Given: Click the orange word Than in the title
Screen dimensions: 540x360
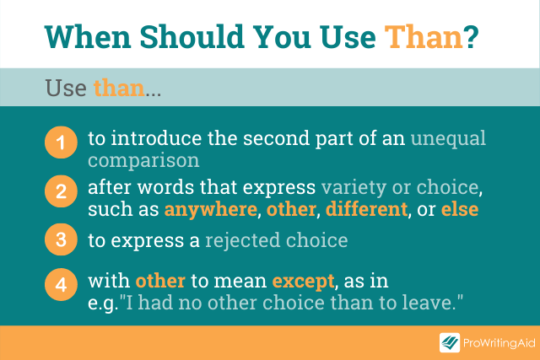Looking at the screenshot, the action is click(x=424, y=37).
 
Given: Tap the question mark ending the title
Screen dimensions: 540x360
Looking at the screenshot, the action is click(x=471, y=37).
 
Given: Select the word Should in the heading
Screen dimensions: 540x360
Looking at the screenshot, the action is click(x=192, y=37).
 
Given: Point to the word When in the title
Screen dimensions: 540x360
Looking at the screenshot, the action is click(x=88, y=37).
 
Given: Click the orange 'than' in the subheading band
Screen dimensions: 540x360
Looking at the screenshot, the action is click(x=119, y=88).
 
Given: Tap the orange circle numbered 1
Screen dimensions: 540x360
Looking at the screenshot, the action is click(x=61, y=142).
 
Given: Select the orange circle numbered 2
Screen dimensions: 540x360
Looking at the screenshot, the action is click(x=61, y=191).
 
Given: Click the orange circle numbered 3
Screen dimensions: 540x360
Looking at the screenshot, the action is click(x=61, y=239).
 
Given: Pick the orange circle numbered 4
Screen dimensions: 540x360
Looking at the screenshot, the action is click(x=61, y=285).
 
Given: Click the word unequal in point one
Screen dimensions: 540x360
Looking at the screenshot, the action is click(x=448, y=139).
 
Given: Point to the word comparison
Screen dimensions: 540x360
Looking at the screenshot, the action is click(x=143, y=161).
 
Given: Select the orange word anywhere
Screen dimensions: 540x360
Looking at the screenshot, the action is click(x=211, y=210).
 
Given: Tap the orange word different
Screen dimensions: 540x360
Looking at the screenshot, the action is click(x=366, y=209).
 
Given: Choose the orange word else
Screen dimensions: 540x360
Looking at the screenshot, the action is click(x=460, y=209).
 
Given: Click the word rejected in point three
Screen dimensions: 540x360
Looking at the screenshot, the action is click(x=243, y=240).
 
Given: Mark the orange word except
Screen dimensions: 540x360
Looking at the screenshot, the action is click(x=303, y=282).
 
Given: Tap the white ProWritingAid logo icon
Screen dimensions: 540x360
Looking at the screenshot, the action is click(x=450, y=343).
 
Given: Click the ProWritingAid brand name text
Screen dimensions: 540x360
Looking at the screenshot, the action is click(x=499, y=343).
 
